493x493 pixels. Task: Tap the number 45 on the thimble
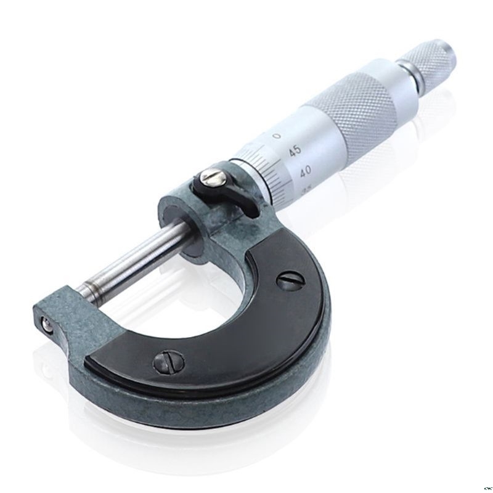point(294,150)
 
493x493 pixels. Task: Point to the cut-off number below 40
point(306,191)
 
